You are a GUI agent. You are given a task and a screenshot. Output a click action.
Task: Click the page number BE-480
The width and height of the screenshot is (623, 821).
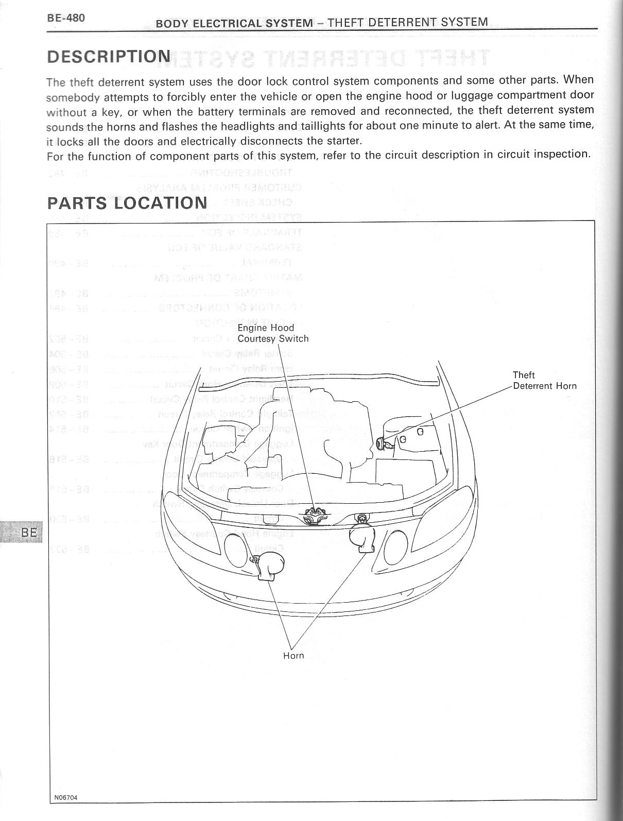(x=66, y=18)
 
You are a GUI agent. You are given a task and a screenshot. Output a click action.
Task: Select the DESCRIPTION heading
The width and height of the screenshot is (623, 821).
(x=108, y=56)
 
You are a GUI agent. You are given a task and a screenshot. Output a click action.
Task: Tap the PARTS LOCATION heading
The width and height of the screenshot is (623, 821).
(x=127, y=202)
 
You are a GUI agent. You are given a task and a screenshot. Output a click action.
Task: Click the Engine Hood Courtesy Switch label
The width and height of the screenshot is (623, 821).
(x=273, y=333)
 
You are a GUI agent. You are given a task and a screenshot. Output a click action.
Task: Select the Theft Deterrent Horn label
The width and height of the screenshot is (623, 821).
(x=544, y=381)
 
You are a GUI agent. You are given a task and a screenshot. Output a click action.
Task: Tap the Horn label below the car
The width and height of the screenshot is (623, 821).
(x=293, y=656)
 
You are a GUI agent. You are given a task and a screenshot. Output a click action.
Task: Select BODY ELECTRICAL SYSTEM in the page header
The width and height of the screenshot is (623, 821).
(x=234, y=23)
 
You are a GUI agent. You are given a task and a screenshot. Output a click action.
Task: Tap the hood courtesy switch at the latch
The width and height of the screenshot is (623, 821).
(x=313, y=516)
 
